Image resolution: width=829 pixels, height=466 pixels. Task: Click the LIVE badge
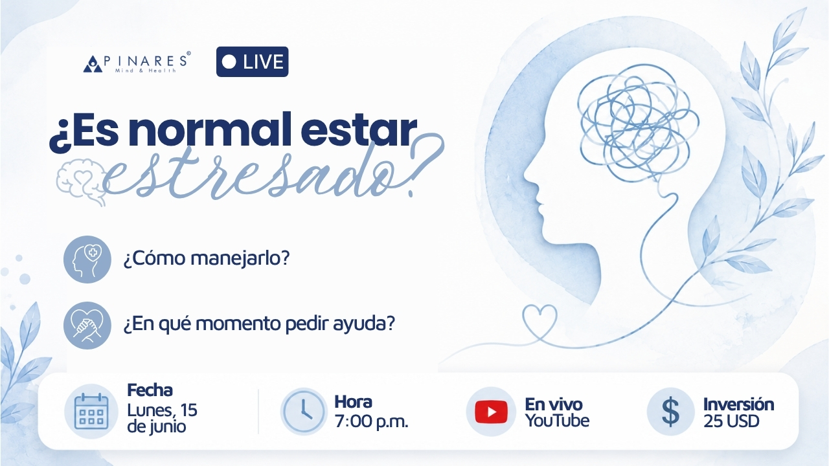pos(252,61)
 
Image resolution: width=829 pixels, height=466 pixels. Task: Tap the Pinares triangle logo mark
pos(93,63)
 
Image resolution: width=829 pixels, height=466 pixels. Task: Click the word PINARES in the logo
pos(145,61)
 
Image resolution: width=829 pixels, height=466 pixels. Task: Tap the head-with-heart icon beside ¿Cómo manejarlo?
pos(87,260)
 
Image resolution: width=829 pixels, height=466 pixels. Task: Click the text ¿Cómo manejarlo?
pos(206,258)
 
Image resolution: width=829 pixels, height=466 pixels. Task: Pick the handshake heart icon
pos(87,326)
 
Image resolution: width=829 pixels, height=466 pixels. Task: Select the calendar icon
pos(91,411)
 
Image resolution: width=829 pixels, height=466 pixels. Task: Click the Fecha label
pos(150,390)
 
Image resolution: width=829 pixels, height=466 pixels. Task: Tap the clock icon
pos(304,411)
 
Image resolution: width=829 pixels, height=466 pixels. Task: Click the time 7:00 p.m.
pos(371,421)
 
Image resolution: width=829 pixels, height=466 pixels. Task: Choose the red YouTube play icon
pos(491,412)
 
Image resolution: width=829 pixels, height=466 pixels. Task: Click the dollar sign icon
pos(670,412)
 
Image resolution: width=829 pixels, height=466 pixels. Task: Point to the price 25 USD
pos(731,421)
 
